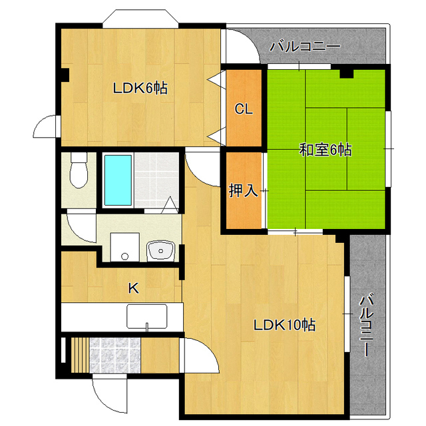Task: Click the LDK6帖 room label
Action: pos(140,88)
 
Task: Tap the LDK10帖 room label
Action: pos(284,325)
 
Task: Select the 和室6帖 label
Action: pos(325,150)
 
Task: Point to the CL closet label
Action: pos(244,109)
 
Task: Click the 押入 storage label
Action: pos(243,190)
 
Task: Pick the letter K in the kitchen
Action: pos(133,288)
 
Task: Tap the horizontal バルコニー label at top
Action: pos(305,47)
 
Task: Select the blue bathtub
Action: pos(118,180)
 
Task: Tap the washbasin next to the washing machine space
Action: pos(160,251)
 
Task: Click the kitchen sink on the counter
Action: pos(147,316)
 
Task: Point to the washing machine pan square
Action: pos(124,247)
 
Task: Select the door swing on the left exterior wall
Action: pos(45,126)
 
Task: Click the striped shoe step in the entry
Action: pos(80,355)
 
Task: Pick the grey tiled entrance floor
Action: pos(115,355)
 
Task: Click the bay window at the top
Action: pos(140,19)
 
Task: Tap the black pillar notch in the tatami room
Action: pos(346,74)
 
